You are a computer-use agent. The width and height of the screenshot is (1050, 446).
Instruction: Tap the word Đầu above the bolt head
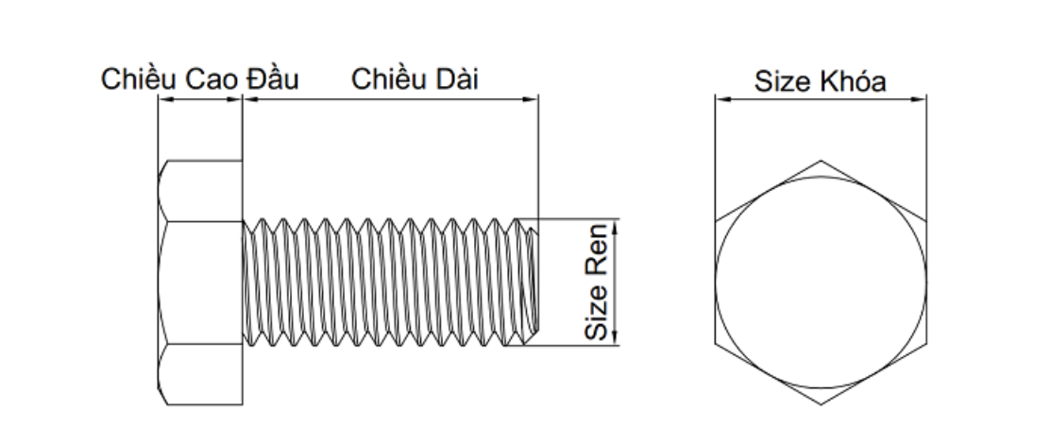[273, 80]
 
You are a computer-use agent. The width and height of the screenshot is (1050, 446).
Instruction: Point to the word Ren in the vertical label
[597, 279]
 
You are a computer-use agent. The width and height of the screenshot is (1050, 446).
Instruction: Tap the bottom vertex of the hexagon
[821, 405]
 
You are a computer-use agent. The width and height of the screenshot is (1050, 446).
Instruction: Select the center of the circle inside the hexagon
[821, 283]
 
